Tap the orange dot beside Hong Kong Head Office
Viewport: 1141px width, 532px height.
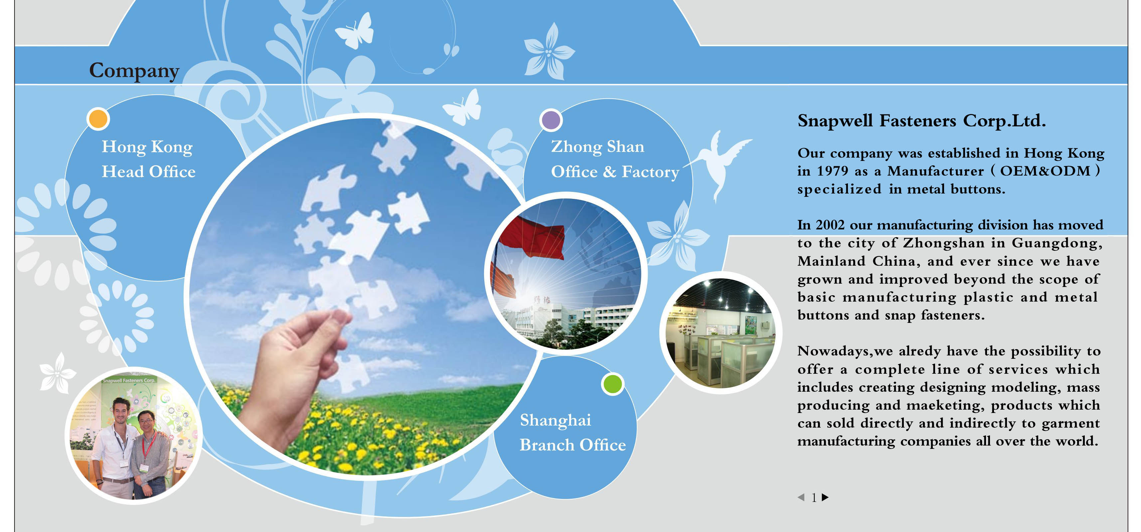(98, 119)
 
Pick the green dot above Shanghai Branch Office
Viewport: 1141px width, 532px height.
(612, 384)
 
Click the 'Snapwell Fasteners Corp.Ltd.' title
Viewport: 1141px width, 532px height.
(921, 120)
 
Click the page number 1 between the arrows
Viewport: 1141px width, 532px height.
(814, 497)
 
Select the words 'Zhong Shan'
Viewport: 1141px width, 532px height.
(597, 147)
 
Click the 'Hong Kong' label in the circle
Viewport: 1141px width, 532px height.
(147, 147)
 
